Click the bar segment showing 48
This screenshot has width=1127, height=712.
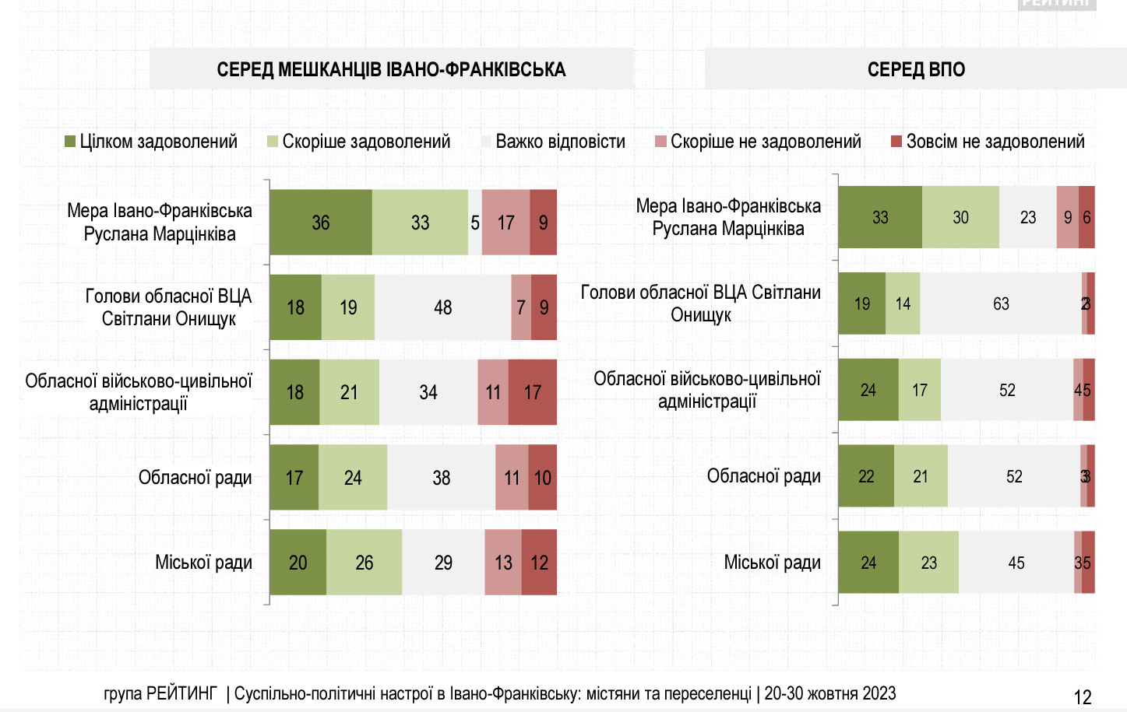(442, 307)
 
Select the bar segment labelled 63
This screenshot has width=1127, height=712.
(1001, 303)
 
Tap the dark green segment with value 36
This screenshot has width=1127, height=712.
(321, 223)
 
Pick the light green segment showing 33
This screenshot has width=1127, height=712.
(420, 223)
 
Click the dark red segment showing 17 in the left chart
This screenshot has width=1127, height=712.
(532, 392)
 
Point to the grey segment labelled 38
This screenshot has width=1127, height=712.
(441, 478)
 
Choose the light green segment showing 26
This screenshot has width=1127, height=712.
(364, 563)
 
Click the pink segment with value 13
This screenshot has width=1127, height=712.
(503, 563)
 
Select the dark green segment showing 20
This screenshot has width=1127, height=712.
(298, 563)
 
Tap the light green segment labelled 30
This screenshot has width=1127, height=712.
(960, 218)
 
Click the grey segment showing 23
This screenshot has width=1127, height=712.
(1028, 218)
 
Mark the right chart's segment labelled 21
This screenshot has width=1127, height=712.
(921, 476)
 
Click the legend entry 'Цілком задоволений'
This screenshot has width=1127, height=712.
(151, 142)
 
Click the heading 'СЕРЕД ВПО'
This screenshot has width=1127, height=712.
(916, 69)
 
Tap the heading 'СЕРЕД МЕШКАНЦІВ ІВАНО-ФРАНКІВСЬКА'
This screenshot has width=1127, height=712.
(391, 69)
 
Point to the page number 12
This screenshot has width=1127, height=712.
(1083, 697)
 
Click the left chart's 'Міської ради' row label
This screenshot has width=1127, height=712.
(203, 563)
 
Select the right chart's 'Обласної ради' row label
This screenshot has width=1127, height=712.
(763, 476)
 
